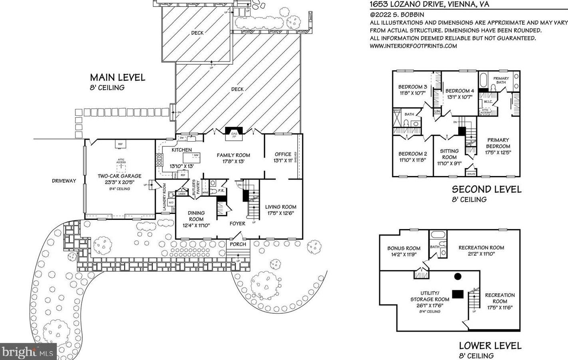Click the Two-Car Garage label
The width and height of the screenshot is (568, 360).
click(120, 176)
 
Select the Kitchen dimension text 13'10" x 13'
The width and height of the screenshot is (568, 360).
click(182, 166)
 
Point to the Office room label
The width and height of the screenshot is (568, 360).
click(283, 154)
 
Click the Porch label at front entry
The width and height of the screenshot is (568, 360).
click(238, 244)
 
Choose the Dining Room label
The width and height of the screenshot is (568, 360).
click(196, 216)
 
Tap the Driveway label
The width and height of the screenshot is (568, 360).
click(64, 181)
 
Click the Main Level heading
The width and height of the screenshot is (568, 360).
click(117, 77)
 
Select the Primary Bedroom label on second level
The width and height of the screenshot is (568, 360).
click(498, 143)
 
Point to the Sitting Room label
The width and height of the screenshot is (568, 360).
click(449, 154)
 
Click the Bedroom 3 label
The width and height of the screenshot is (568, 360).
click(412, 87)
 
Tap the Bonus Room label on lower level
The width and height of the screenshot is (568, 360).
click(404, 248)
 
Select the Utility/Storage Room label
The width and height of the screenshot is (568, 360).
click(429, 296)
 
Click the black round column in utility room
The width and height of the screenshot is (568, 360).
click(458, 276)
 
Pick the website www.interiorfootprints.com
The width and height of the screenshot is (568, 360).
click(413, 46)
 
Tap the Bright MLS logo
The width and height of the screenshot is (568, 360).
click(28, 352)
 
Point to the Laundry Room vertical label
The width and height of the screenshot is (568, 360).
click(164, 197)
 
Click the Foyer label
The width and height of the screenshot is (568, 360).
click(237, 224)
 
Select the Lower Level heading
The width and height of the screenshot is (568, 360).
click(490, 346)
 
